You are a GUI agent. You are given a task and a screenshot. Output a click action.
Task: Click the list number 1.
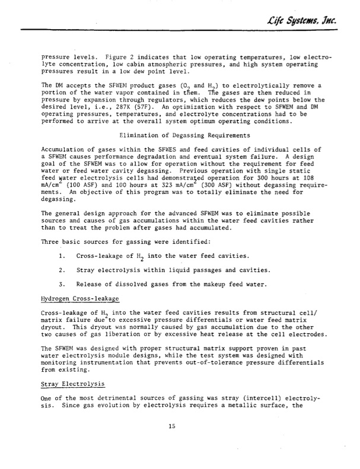coord(63,255)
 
